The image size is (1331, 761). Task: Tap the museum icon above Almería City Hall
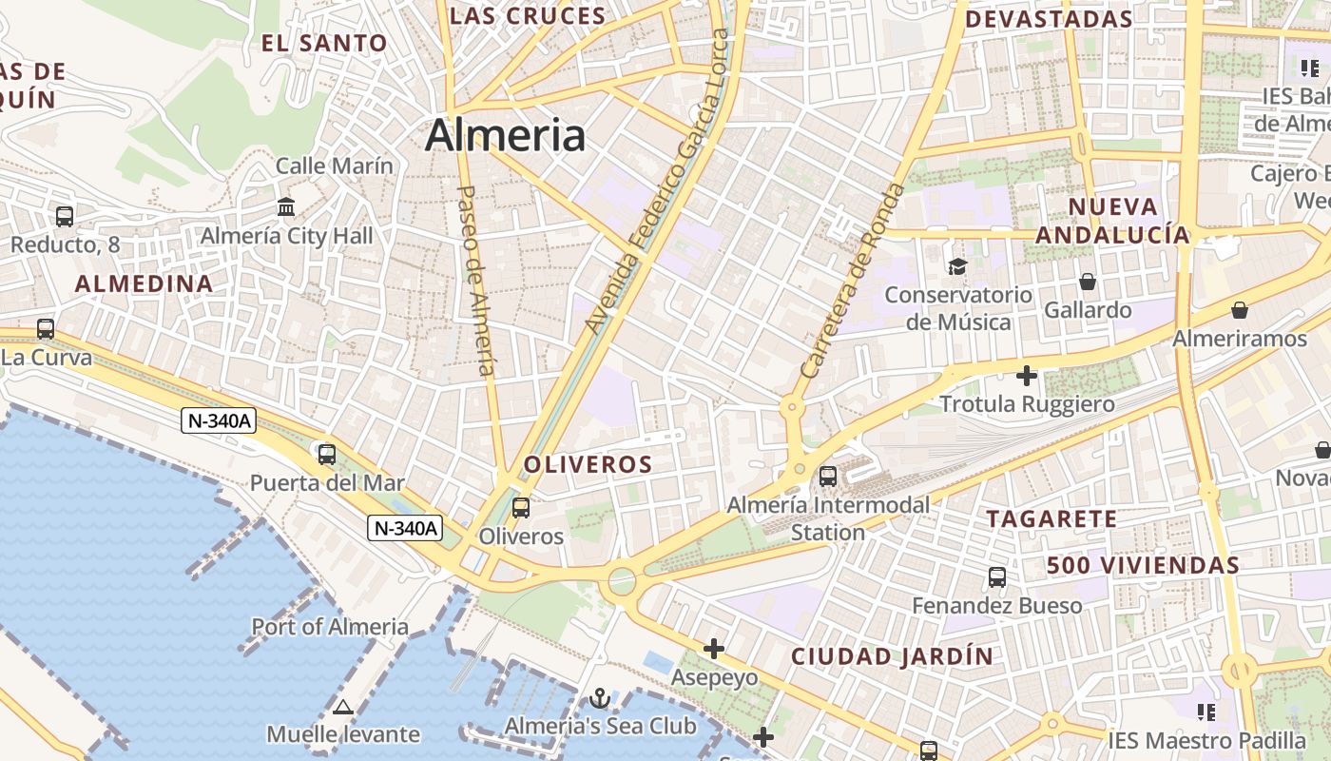coord(286,206)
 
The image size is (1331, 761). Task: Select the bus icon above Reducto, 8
coord(65,216)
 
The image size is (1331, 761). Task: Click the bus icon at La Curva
coord(46,329)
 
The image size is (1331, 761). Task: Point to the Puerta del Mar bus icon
coord(327,455)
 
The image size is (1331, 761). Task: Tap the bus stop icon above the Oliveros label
coord(521,508)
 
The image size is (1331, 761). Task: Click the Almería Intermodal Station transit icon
coord(828,477)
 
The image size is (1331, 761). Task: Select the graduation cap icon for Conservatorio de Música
coord(957,266)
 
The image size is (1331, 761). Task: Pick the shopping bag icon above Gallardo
coord(1088,282)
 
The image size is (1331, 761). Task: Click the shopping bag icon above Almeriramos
coord(1240,310)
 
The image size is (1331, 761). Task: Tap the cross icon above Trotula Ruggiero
coord(1027,376)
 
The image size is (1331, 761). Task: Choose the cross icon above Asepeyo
coord(714,649)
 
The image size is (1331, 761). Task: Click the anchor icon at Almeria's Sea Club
coord(600,699)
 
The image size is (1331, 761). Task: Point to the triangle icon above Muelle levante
coord(343,707)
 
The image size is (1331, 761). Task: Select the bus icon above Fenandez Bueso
coord(997,576)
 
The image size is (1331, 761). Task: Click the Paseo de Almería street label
coord(477,280)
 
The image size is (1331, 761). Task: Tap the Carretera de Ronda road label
coord(854,281)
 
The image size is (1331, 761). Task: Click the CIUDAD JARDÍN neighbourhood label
coord(892,655)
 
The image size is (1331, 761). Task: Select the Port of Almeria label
coord(330,627)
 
